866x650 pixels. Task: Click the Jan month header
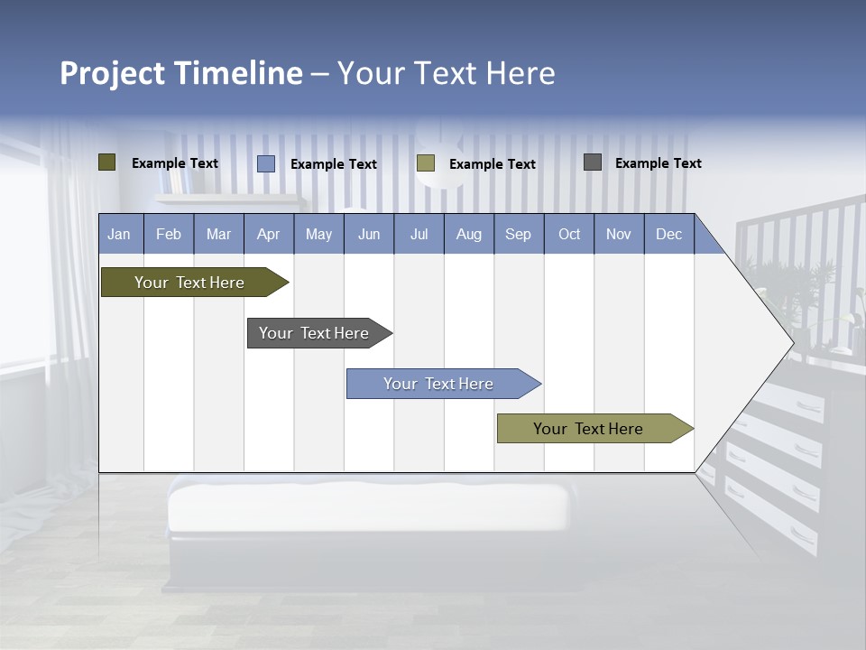pyautogui.click(x=119, y=235)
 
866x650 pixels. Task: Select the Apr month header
pyautogui.click(x=268, y=235)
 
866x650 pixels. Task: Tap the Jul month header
pyautogui.click(x=419, y=235)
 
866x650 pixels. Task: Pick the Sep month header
pyautogui.click(x=518, y=235)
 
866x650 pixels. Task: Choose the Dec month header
pyautogui.click(x=668, y=235)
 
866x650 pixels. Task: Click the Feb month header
pyautogui.click(x=169, y=235)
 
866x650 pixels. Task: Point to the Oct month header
pyautogui.click(x=568, y=235)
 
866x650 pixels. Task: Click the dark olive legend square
pyautogui.click(x=107, y=162)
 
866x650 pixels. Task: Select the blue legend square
pyautogui.click(x=266, y=163)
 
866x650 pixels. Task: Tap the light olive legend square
pyautogui.click(x=426, y=163)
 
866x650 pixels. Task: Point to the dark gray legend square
pyautogui.click(x=593, y=162)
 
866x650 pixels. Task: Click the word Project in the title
pyautogui.click(x=114, y=73)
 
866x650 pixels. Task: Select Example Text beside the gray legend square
pyautogui.click(x=658, y=163)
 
